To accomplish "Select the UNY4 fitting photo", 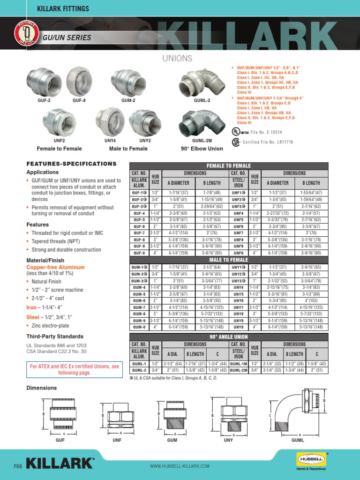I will (110, 122).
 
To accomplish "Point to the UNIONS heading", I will (177, 58).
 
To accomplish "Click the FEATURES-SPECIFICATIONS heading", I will (71, 164).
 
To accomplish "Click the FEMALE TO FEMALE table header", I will (228, 166).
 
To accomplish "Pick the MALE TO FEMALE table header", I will (228, 260).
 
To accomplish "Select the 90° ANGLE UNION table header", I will (228, 337).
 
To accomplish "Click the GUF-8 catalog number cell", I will (139, 239).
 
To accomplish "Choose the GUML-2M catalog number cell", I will (239, 370).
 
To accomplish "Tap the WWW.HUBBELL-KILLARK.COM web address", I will (180, 466).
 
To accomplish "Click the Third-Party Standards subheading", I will (55, 336).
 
